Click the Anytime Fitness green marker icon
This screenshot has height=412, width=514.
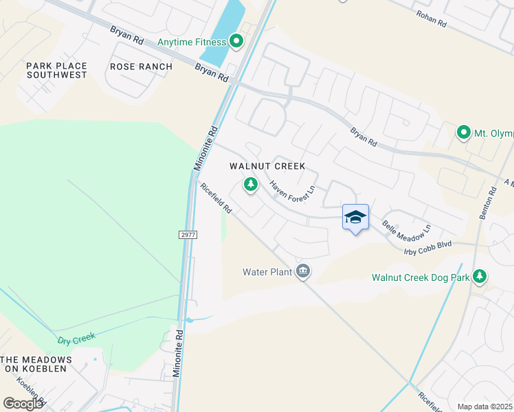(237, 42)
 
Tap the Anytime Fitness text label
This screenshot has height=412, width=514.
(192, 43)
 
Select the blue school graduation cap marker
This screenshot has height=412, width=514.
(355, 218)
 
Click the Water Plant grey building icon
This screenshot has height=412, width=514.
(302, 272)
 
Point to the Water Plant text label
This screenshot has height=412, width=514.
(267, 272)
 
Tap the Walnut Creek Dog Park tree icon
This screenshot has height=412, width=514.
(480, 277)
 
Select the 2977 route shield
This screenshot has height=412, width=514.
(188, 235)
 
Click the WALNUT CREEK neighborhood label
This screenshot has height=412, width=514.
(267, 167)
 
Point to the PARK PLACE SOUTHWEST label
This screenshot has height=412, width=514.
(56, 70)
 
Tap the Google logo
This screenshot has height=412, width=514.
(23, 404)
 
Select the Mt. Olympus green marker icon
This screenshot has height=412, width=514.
(464, 133)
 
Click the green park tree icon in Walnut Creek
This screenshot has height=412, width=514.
(251, 184)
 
